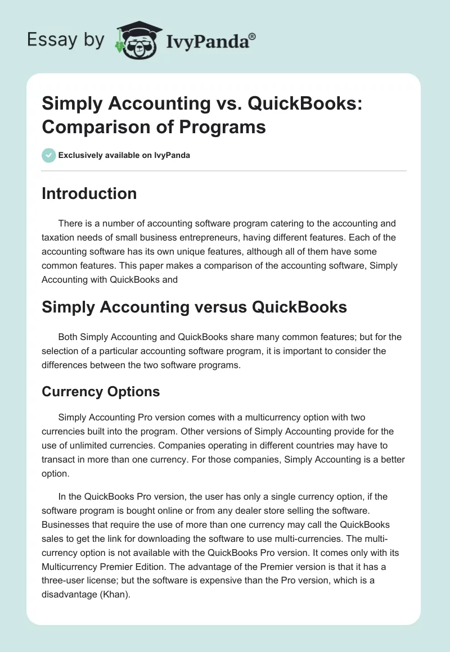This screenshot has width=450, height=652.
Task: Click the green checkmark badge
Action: (x=48, y=155)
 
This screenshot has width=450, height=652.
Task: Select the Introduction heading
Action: (x=89, y=193)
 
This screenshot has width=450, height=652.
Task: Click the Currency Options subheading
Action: (x=101, y=392)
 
